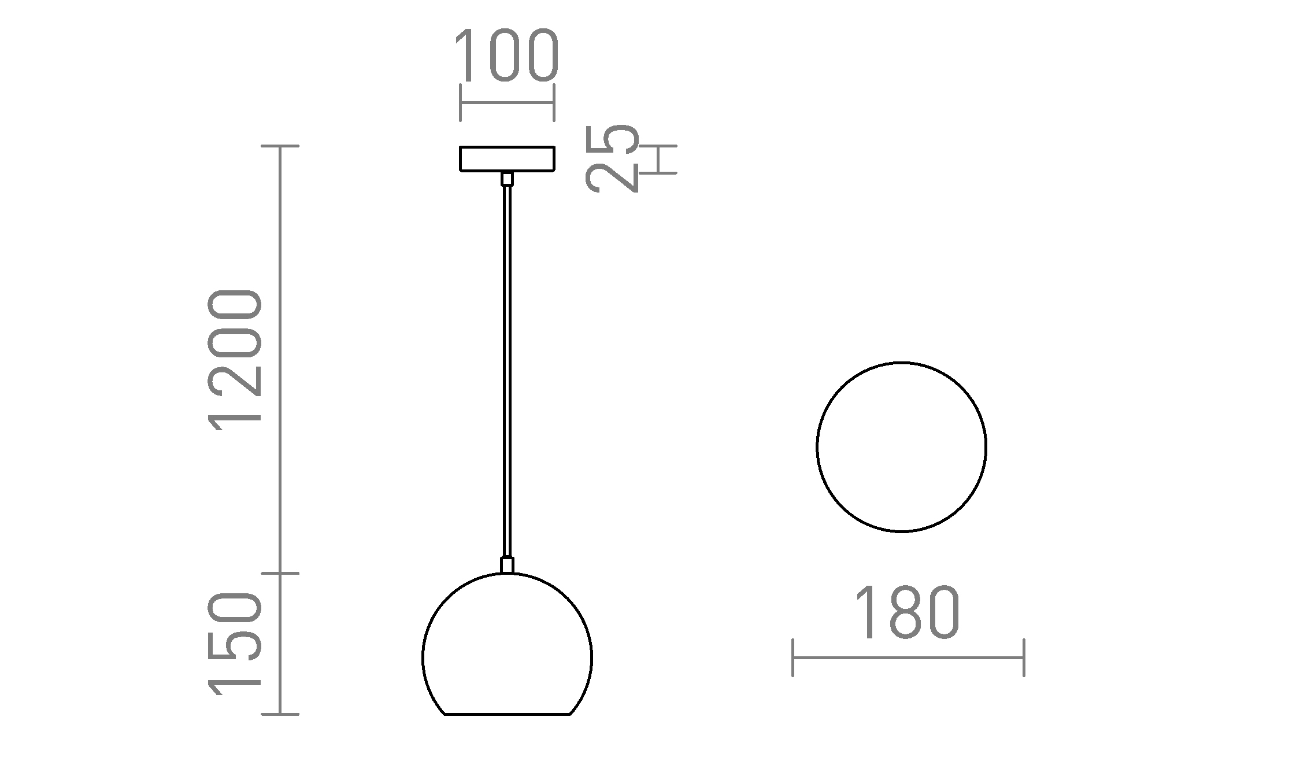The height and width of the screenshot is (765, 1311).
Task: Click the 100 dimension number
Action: click(x=507, y=56)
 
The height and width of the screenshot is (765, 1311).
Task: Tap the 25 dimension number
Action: click(x=613, y=158)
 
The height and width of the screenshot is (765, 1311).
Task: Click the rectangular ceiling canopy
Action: click(x=507, y=159)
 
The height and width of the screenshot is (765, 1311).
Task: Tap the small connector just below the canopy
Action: click(x=507, y=179)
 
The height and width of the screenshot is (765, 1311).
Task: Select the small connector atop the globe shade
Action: click(x=507, y=565)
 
